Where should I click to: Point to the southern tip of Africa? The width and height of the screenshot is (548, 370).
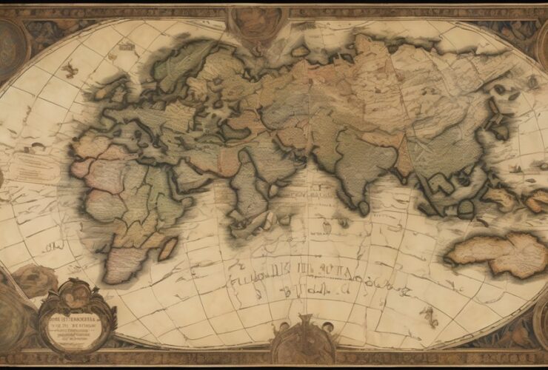click(x=122, y=277)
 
